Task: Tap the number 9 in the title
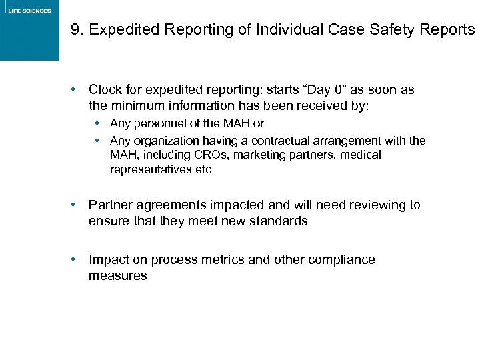tap(75, 31)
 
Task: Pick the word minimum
tap(135, 105)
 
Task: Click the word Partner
tap(111, 205)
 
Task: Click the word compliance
tap(341, 259)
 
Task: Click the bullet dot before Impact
tap(79, 259)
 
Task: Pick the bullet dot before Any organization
tap(99, 141)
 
